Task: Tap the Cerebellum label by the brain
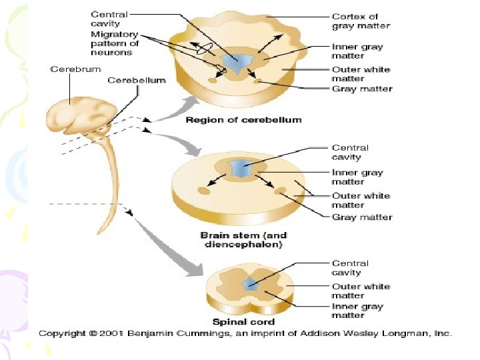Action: (137, 81)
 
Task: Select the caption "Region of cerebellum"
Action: (243, 120)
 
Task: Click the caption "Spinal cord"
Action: (247, 322)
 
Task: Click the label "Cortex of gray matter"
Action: (361, 21)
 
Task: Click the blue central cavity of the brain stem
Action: (241, 168)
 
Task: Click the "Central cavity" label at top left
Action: (109, 18)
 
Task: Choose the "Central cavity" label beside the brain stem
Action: (350, 153)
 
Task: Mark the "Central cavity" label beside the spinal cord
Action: (350, 268)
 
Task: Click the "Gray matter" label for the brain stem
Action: (362, 217)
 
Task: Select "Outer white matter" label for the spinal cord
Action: (361, 291)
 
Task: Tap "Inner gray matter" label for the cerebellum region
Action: (357, 52)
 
